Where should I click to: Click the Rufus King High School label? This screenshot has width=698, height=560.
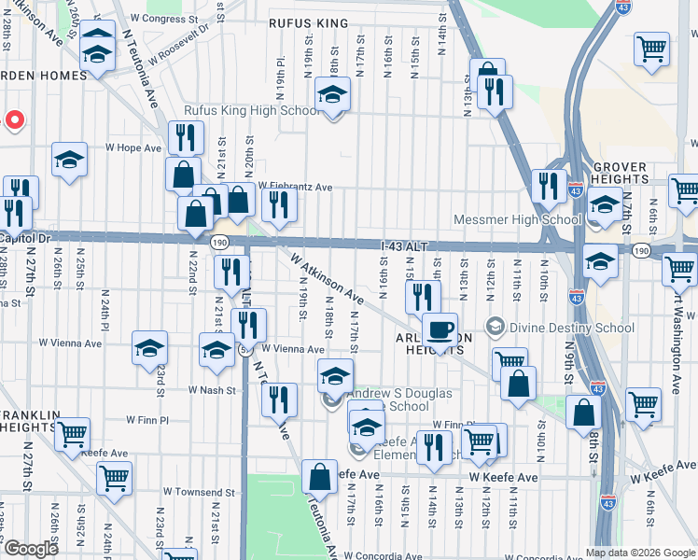tap(251, 111)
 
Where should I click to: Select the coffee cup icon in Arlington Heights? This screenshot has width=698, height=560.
tap(440, 330)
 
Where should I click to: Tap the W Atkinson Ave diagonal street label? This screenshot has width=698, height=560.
tap(326, 277)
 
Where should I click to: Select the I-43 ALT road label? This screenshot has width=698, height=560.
tap(404, 245)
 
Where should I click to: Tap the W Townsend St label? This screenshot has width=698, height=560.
tap(199, 491)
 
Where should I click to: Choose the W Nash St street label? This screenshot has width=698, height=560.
tap(209, 389)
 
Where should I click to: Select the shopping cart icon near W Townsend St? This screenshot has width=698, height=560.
tap(114, 478)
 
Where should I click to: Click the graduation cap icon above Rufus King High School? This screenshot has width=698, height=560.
tap(331, 94)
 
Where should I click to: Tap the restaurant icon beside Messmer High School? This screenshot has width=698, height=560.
tap(549, 186)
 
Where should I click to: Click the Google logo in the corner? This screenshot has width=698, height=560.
tap(31, 549)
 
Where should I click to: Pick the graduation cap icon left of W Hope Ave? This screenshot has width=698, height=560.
tap(69, 161)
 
